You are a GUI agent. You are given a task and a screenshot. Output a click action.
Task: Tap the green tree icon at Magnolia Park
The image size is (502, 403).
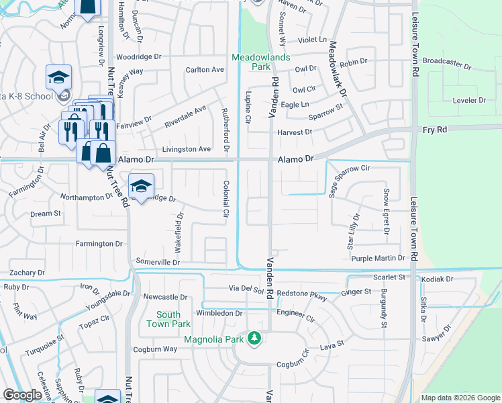(254, 337)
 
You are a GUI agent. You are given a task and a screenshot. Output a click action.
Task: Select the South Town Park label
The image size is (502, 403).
(168, 319)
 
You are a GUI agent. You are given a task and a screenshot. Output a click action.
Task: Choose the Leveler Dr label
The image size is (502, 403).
(469, 100)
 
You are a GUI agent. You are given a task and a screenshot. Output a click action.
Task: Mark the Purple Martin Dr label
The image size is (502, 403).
(379, 258)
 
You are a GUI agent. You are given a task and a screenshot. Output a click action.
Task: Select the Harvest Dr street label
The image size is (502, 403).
(295, 132)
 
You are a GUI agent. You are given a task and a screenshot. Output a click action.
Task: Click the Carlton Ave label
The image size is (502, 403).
(205, 70)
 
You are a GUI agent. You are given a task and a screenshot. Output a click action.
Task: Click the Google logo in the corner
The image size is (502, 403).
(22, 396)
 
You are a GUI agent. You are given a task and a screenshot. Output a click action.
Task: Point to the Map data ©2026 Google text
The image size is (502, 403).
(460, 398)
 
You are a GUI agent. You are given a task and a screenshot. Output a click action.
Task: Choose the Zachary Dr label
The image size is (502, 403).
(27, 273)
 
